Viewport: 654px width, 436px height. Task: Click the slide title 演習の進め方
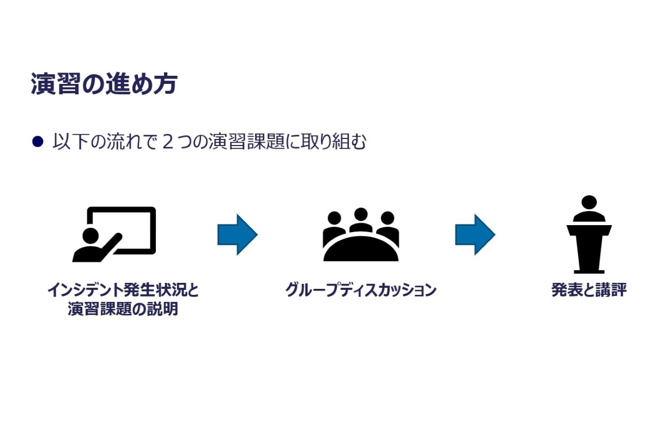(104, 84)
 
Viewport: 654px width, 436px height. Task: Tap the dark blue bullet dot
(37, 142)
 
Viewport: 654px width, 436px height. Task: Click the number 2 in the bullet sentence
(168, 142)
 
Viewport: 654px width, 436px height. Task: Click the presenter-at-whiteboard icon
(114, 234)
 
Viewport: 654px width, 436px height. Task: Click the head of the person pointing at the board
(90, 236)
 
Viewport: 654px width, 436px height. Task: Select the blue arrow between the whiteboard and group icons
(237, 234)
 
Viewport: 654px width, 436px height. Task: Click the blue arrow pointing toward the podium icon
(475, 234)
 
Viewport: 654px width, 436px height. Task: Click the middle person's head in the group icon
(361, 214)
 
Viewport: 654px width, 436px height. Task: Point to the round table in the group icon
(361, 251)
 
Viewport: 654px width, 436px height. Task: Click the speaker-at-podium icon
(589, 234)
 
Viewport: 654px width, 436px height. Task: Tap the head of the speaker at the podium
(589, 202)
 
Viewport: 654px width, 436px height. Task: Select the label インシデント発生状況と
(123, 290)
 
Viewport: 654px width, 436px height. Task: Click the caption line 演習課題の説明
(123, 309)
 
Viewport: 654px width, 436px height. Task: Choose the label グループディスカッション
(361, 290)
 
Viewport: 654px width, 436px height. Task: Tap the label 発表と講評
(589, 290)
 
